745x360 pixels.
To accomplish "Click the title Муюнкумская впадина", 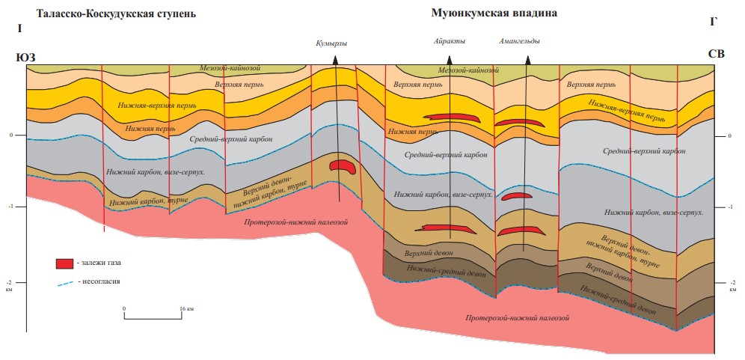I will [494, 13].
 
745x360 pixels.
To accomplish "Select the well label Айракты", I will [450, 41].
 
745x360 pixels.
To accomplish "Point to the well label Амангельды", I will [519, 41].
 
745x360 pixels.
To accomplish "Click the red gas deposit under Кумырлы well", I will [341, 166].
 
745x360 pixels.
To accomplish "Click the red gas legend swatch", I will [64, 263].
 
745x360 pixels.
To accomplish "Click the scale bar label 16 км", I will [186, 308].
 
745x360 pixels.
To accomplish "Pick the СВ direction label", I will [716, 54].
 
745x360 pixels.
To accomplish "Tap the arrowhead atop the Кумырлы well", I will [336, 60].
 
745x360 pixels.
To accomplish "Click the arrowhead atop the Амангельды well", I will [526, 61].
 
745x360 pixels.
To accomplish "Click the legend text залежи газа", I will [103, 263].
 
